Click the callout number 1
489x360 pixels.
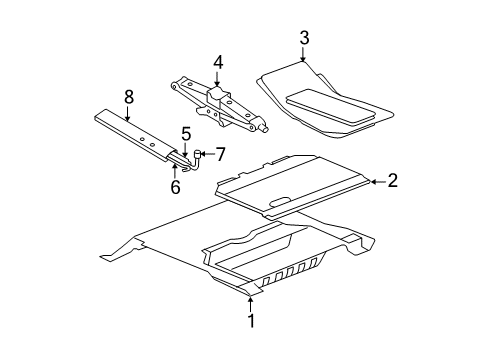[251, 321]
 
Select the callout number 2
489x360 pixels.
[393, 181]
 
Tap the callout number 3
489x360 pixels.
[303, 38]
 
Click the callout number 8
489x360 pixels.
[128, 98]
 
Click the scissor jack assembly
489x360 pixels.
[222, 103]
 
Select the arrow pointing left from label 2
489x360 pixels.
[375, 181]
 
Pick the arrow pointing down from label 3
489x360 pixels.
[303, 57]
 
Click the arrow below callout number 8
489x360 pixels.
[128, 114]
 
